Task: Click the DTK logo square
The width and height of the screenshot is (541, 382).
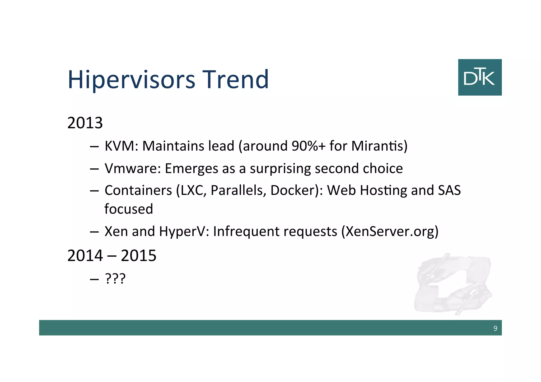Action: [x=480, y=77]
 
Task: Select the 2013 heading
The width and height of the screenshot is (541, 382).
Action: [x=85, y=123]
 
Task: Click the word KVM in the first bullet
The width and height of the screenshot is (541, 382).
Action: [x=120, y=146]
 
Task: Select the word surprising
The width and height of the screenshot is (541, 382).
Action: [x=280, y=169]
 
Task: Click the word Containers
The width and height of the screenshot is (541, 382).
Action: [x=138, y=190]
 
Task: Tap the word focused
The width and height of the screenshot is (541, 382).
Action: [x=129, y=209]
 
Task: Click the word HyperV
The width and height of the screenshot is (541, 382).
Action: [x=182, y=232]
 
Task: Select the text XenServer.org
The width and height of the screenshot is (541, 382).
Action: [x=390, y=232]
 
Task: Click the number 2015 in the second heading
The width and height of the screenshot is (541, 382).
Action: [x=138, y=256]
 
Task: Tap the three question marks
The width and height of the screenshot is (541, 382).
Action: [x=115, y=279]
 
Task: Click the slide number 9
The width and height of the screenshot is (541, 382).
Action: [x=495, y=328]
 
